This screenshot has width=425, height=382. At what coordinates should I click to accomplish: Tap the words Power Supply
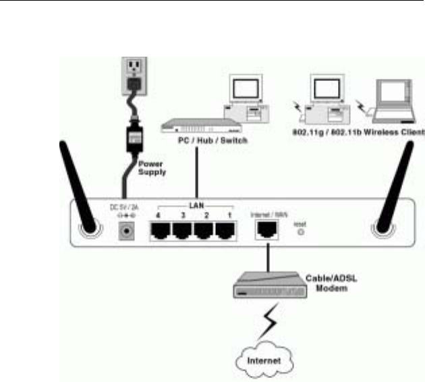(152, 167)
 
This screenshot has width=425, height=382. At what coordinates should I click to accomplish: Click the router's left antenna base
(88, 230)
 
